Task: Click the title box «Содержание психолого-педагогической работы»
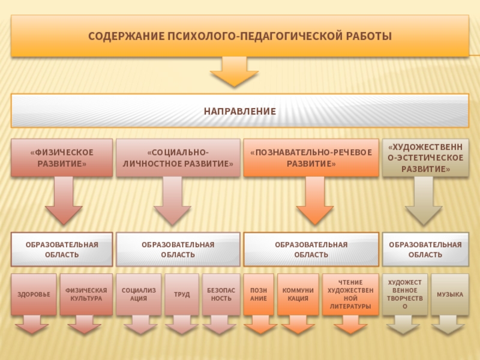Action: pyautogui.click(x=240, y=37)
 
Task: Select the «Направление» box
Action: pyautogui.click(x=240, y=111)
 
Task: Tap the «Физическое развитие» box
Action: pyautogui.click(x=62, y=158)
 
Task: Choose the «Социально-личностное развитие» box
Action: pyautogui.click(x=178, y=158)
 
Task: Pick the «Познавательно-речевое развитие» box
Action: pyautogui.click(x=311, y=158)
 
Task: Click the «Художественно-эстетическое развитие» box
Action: pyautogui.click(x=426, y=158)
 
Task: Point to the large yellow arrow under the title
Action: pyautogui.click(x=234, y=72)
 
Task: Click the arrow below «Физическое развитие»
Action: pyautogui.click(x=64, y=201)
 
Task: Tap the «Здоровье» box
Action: pyautogui.click(x=34, y=295)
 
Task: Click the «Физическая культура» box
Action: pyautogui.click(x=86, y=295)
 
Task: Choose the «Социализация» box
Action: pyautogui.click(x=139, y=295)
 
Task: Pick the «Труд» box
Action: pyautogui.click(x=182, y=295)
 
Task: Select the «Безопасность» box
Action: pyautogui.click(x=221, y=295)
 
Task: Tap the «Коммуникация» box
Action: pyautogui.click(x=298, y=295)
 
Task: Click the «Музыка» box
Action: pyautogui.click(x=449, y=295)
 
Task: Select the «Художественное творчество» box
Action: pyautogui.click(x=405, y=295)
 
